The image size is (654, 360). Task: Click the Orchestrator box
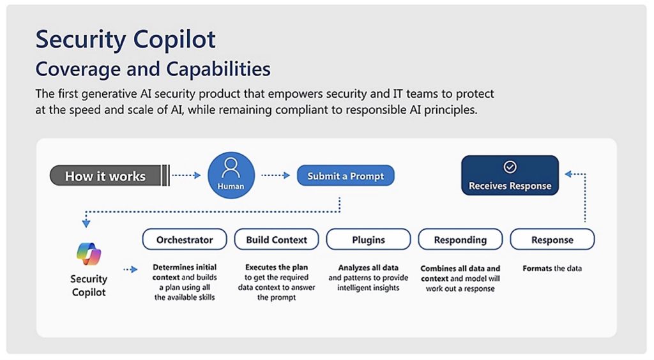[185, 239]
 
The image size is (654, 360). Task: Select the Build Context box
[277, 239]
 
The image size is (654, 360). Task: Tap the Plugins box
[369, 239]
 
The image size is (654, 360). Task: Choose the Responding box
[460, 239]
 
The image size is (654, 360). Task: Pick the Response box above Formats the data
[552, 239]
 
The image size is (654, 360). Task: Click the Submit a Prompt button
[346, 176]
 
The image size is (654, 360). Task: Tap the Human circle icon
[231, 176]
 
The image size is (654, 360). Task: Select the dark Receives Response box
[510, 176]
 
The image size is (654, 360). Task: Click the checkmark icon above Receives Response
[510, 167]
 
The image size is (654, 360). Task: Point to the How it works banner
[109, 176]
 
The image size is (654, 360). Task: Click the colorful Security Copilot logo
[89, 254]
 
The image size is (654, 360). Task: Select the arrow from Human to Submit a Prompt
[276, 176]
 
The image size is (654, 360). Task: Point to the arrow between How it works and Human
[186, 176]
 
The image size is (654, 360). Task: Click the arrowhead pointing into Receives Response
[568, 174]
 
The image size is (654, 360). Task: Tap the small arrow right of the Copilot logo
[130, 269]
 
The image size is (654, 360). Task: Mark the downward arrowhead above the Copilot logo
[86, 224]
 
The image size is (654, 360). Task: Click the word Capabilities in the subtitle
[218, 69]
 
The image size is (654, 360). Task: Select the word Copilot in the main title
[174, 40]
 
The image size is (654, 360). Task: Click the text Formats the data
[552, 268]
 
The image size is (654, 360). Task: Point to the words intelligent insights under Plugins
[369, 288]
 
